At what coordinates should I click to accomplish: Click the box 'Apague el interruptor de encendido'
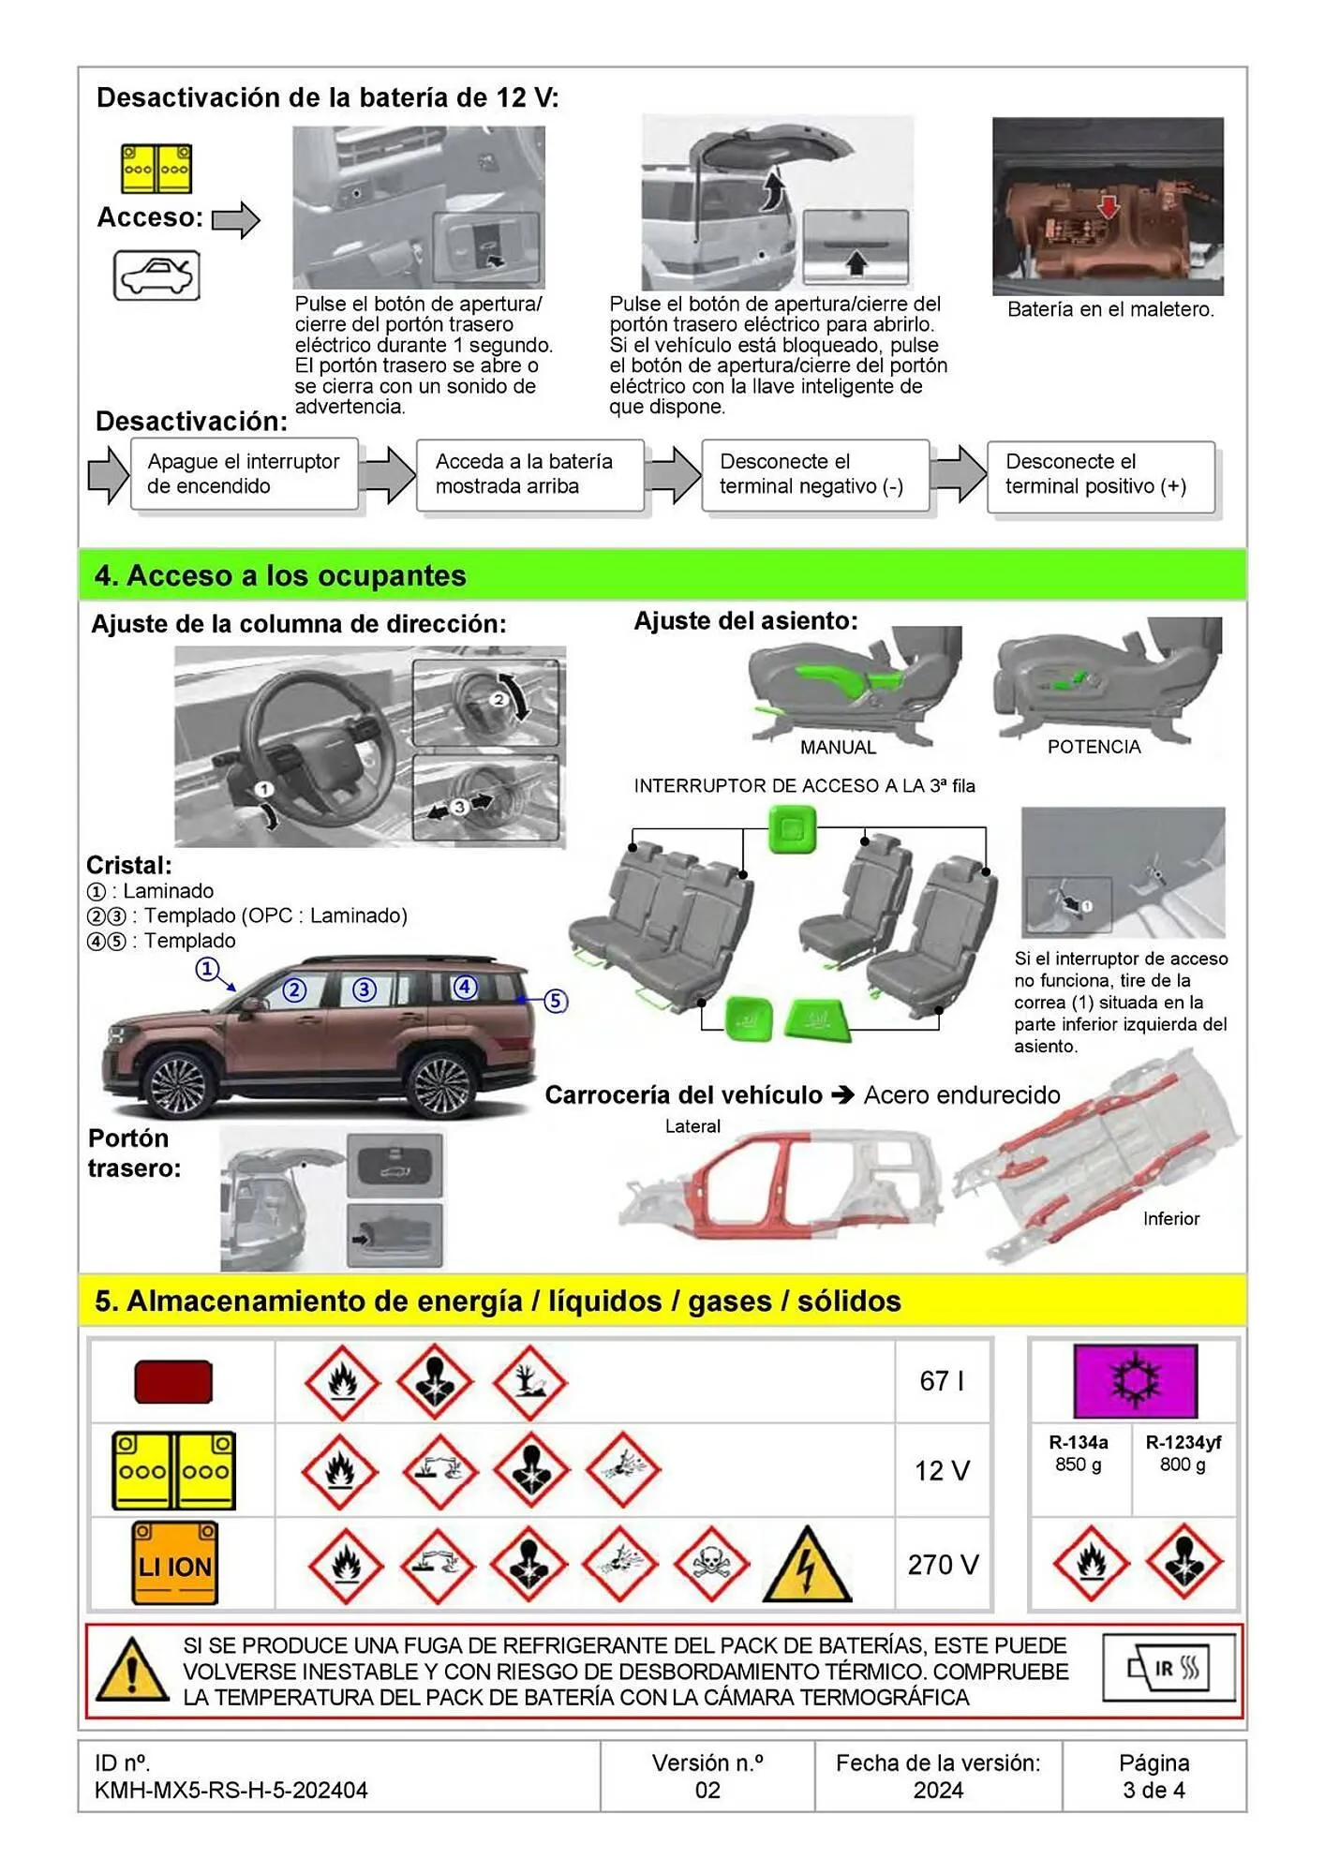coord(244,474)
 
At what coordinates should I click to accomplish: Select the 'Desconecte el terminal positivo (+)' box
coord(1100,475)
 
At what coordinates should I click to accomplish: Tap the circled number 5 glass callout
coord(555,1001)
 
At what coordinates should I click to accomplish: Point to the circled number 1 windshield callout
coord(207,969)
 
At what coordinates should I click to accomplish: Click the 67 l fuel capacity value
coord(942,1381)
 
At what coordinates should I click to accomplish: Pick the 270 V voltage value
coord(943,1564)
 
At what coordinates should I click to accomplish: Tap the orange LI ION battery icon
coord(175,1562)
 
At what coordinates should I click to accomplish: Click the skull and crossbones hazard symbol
coord(711,1564)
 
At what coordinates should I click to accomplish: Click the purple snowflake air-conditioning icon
coord(1135,1381)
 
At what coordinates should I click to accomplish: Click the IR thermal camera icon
coord(1169,1669)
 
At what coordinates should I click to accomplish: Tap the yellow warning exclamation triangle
coord(132,1671)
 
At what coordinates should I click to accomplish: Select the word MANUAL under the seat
coord(838,748)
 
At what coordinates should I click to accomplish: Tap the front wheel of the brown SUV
coord(179,1085)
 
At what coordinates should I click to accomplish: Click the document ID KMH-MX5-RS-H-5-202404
coord(231,1790)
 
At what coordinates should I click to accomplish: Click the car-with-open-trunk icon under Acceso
coord(156,275)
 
